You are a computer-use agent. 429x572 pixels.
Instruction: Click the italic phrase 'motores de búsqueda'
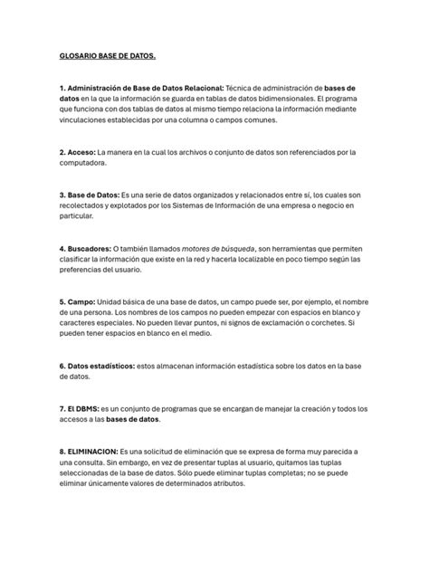click(219, 249)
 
